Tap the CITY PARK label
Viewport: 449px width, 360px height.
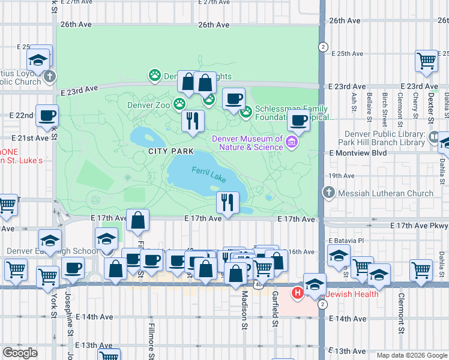171,151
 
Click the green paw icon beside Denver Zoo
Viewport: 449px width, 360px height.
179,104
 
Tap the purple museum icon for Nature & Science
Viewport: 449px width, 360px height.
292,142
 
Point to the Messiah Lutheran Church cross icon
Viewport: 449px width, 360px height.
328,193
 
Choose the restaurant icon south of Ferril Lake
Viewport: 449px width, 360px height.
228,202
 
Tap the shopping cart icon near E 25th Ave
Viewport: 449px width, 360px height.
426,60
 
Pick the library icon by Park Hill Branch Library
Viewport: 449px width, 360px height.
434,137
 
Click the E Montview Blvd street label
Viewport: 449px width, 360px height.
358,153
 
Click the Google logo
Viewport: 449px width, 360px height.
20,353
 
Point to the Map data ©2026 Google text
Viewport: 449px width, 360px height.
411,355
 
